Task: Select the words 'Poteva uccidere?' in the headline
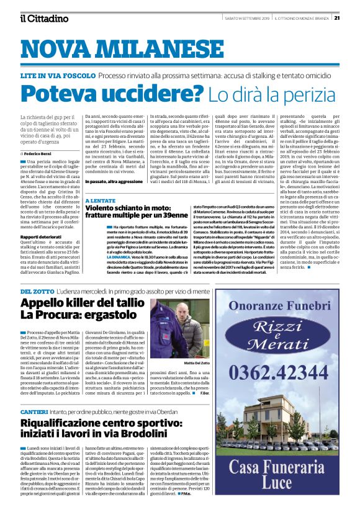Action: click(111, 94)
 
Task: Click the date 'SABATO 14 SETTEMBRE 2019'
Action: click(247, 18)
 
